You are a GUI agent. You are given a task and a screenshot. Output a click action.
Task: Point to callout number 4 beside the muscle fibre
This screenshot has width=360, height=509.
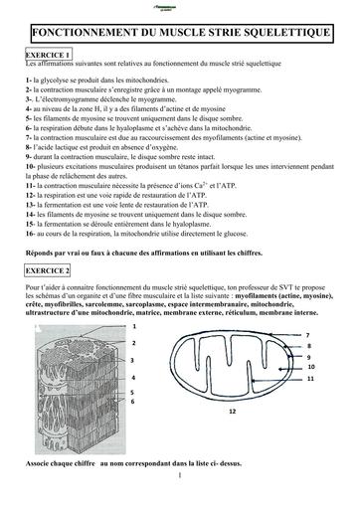[133, 379]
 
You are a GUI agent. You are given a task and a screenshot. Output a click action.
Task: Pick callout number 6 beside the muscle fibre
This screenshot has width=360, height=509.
[133, 402]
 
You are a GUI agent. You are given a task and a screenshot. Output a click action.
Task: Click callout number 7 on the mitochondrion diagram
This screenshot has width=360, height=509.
[308, 334]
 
